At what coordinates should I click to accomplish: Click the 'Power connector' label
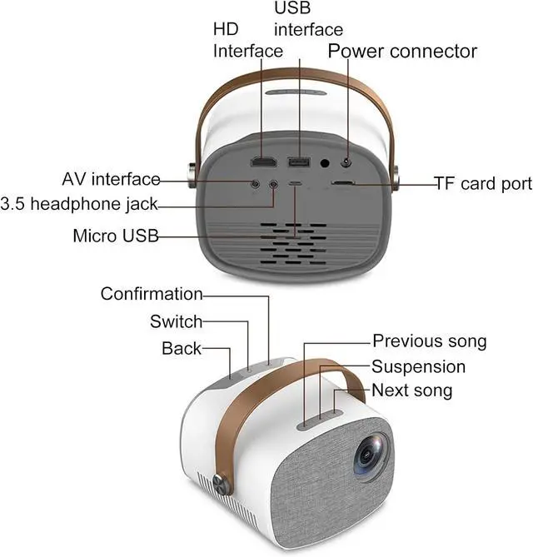pos(402,51)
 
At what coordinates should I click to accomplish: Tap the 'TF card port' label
pos(482,183)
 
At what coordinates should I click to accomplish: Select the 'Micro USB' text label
pos(116,236)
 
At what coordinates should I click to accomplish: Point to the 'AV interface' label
pos(111,179)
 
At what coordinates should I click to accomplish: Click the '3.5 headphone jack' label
pos(79,204)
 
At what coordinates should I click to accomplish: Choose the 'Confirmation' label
pos(152,294)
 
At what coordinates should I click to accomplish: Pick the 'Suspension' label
pos(418,366)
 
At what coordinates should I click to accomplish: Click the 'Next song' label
pos(411,390)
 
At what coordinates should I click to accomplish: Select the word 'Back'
pos(182,348)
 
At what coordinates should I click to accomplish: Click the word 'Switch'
pos(176,321)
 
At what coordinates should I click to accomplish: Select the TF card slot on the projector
pos(344,183)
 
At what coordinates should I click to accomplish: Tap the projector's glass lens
pos(372,457)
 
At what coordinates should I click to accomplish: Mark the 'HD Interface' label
pos(248,40)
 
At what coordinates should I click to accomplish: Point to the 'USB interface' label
pos(308,20)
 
